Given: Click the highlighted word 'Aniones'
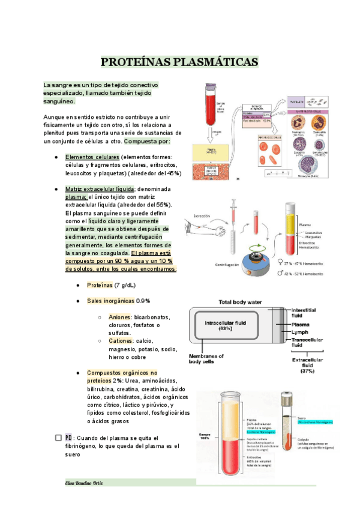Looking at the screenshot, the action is point(120,317).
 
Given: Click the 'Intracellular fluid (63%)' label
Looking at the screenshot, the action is point(226,325).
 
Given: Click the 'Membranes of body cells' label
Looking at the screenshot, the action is point(206,359).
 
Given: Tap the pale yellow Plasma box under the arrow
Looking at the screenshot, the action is point(214,152).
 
